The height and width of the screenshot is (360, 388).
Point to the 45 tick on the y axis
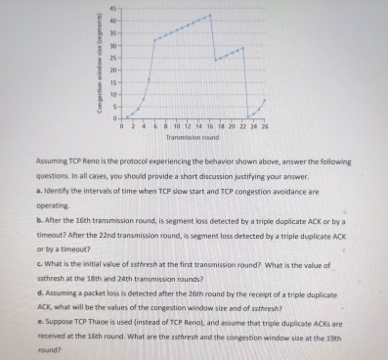(x=113, y=10)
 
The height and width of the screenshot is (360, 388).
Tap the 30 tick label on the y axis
(x=113, y=46)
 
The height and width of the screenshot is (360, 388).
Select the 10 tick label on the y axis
(x=113, y=95)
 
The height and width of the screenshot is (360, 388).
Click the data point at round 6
(x=153, y=40)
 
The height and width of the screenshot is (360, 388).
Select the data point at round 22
(x=243, y=46)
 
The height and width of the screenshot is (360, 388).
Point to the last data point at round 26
(x=264, y=101)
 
